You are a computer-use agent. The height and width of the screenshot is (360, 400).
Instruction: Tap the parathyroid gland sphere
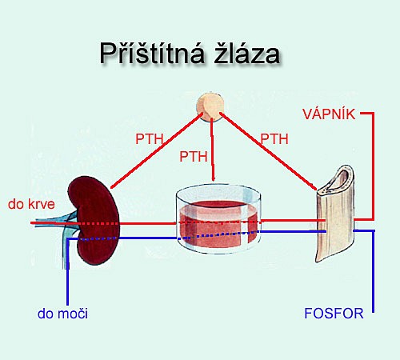coord(210,107)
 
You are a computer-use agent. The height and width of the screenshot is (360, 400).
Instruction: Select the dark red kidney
coord(94,220)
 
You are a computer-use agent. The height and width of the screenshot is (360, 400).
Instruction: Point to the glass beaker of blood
coord(218,218)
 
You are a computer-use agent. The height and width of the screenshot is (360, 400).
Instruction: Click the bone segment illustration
coord(336,214)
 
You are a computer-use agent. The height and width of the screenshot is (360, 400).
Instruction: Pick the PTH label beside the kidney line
coord(150,139)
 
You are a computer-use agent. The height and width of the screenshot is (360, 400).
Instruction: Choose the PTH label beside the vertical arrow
coord(194,156)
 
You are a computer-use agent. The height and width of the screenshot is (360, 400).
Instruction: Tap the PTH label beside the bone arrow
coord(274,139)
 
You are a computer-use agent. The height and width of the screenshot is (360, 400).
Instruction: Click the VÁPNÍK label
coord(329,114)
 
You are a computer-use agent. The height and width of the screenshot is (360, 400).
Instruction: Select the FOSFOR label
coord(334,314)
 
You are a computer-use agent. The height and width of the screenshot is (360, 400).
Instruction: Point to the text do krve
coord(31,204)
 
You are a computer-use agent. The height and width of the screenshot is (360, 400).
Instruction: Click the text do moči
coord(62,314)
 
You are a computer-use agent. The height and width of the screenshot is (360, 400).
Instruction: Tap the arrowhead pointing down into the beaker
coord(213,178)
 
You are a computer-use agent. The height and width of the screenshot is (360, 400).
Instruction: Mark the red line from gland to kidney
coord(157,150)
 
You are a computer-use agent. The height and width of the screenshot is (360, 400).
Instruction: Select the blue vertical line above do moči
coord(68,271)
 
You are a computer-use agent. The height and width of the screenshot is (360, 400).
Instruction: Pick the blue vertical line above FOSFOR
coord(374,271)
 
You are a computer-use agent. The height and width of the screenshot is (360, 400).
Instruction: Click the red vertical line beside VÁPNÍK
coord(373,166)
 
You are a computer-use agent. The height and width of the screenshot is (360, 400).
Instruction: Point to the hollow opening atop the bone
coord(338,179)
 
